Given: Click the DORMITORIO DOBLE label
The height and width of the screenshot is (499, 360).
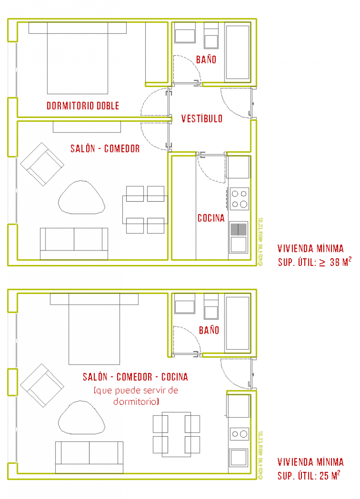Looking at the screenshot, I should [82, 105].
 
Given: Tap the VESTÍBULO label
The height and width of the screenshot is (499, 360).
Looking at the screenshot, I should [202, 118].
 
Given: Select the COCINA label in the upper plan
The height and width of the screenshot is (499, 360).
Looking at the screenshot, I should [211, 218].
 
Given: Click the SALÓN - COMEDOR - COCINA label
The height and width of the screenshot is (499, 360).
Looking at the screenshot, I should [135, 377].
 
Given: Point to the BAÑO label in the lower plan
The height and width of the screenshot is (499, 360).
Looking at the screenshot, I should [209, 330].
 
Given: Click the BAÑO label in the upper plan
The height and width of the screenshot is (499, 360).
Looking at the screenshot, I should [206, 59].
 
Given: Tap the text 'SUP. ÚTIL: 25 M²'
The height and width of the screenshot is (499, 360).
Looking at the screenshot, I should [308, 476].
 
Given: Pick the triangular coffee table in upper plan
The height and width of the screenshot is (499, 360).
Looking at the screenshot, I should [82, 199].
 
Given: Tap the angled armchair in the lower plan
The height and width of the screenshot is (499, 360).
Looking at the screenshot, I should [42, 384].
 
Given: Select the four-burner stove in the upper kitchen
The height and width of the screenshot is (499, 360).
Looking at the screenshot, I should [239, 199].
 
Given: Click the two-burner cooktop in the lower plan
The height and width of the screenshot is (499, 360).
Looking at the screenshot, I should [239, 434].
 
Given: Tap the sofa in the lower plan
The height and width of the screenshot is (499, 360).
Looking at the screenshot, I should [89, 456].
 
